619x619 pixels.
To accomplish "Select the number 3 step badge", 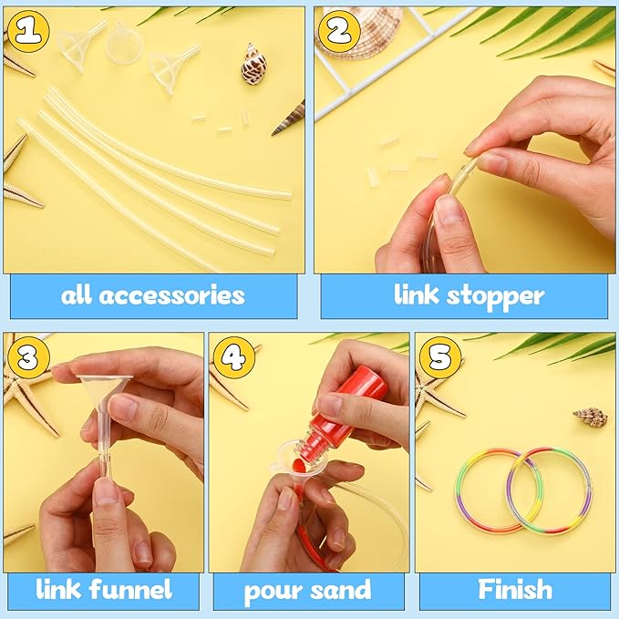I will tap(26, 356).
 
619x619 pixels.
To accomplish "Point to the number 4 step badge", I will tap(233, 356).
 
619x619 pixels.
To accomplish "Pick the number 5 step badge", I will tap(439, 356).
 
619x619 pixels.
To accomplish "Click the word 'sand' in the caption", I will tap(342, 589).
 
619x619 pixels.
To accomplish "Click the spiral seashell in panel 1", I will tap(253, 65).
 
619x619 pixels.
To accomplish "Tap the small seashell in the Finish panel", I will tap(591, 418).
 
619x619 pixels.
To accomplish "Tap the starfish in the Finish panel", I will tap(433, 401).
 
